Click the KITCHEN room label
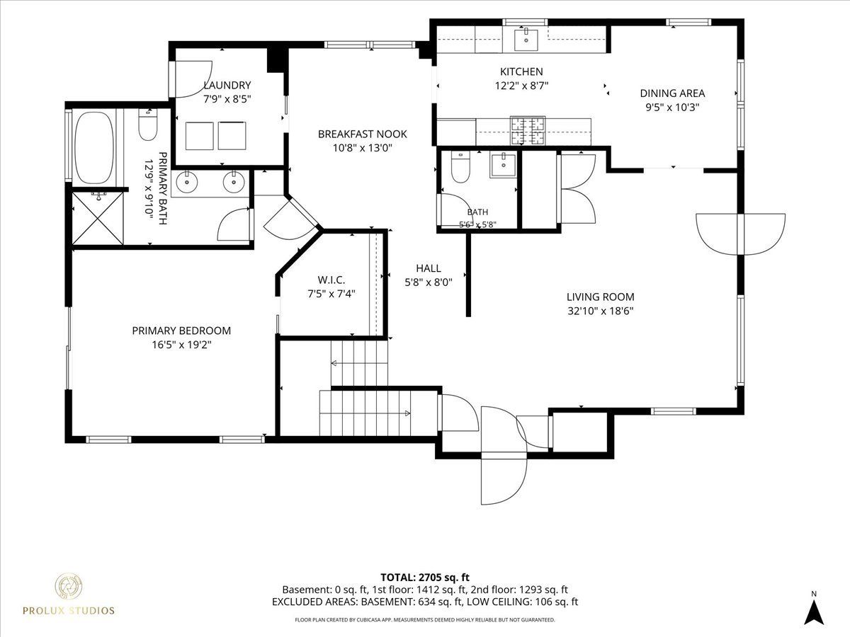(x=521, y=71)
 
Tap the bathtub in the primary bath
(x=94, y=147)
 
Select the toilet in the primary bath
(x=148, y=125)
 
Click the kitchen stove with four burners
(x=528, y=130)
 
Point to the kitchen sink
(x=526, y=40)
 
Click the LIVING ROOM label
(x=600, y=297)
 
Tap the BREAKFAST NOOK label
(x=362, y=134)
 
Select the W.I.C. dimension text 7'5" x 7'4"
(x=331, y=294)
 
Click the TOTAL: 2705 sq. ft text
(x=425, y=578)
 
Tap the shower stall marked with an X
(x=98, y=219)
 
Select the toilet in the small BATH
(x=460, y=166)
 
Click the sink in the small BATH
(x=503, y=166)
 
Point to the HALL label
(x=429, y=268)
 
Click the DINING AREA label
(x=672, y=93)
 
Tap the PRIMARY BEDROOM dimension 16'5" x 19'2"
(x=181, y=345)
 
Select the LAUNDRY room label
(x=227, y=85)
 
